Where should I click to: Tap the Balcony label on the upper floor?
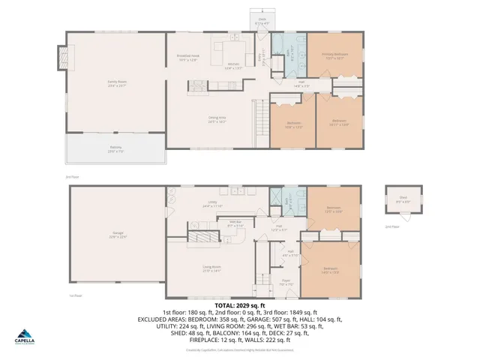(115, 148)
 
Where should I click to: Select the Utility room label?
(212, 204)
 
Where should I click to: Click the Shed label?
(403, 200)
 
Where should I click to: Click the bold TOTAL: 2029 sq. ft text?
(240, 306)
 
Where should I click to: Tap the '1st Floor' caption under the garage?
(75, 295)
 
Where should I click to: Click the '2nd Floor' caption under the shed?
(391, 226)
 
